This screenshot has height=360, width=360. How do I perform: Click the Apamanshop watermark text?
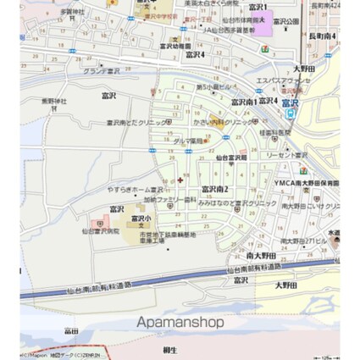coord(180,322)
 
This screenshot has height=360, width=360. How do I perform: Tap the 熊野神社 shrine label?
coord(53,101)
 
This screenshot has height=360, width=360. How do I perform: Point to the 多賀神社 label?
coord(74,12)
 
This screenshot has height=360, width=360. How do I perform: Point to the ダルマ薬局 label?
coord(192,141)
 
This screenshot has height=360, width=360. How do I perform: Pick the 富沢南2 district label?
coord(214,188)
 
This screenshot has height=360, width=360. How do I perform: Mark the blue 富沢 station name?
coord(290,102)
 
